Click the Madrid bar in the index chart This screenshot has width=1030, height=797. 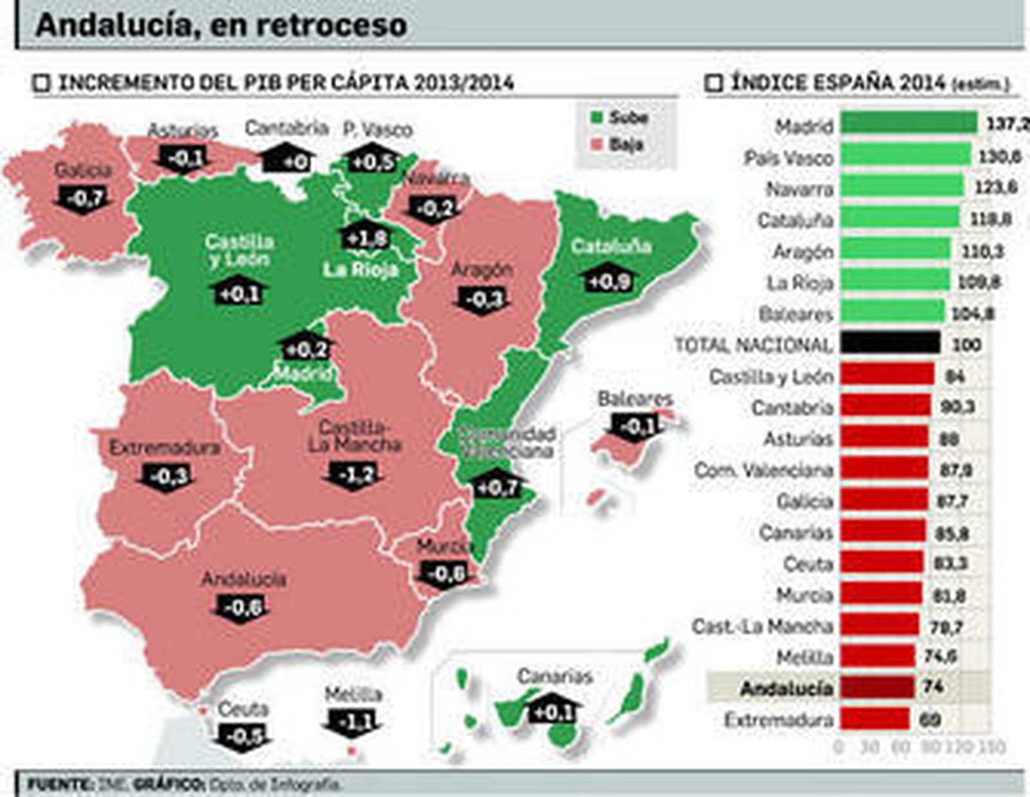point(908,122)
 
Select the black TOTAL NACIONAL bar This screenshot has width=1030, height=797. point(890,343)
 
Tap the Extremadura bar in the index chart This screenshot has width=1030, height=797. point(874,718)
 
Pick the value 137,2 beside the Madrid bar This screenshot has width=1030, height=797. point(1006,124)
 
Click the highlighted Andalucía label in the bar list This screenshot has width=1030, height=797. point(787,688)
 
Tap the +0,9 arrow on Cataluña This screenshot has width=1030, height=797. point(608,280)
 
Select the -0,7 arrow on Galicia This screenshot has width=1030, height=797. point(84,198)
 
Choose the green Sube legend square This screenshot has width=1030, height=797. point(597,118)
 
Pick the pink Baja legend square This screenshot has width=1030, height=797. point(597,145)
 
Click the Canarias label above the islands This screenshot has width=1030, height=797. point(554,676)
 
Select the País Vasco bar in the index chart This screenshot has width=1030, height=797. point(905,155)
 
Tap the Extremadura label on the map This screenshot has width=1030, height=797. point(165,447)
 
